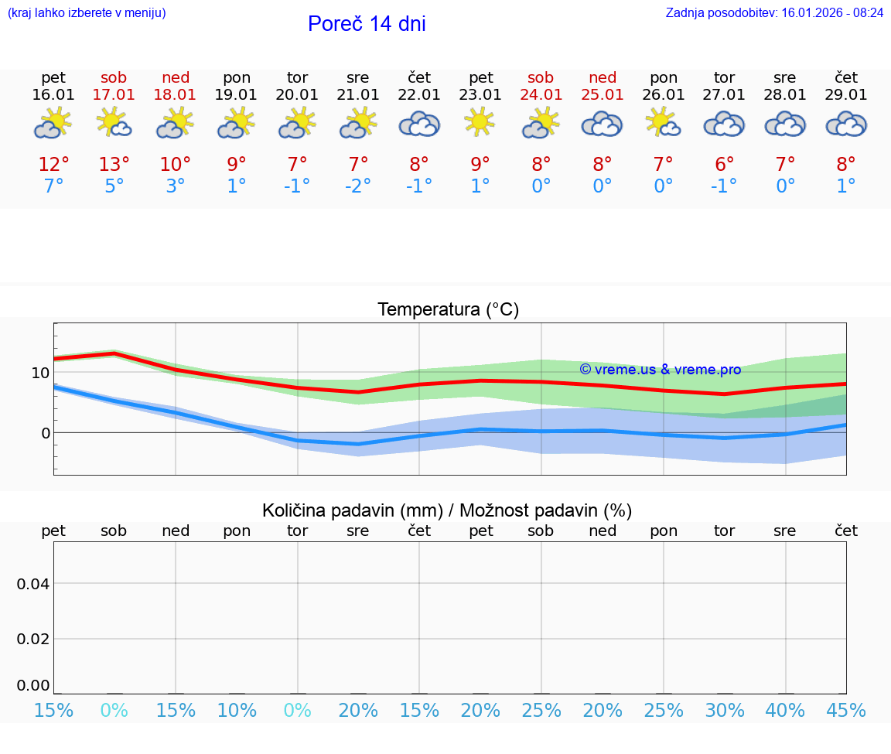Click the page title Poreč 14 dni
(x=367, y=24)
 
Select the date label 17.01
(x=114, y=95)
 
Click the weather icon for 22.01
(x=419, y=125)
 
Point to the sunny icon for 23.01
(x=480, y=122)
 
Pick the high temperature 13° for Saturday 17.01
(x=114, y=164)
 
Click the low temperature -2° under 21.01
(x=357, y=186)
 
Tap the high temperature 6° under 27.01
(x=725, y=164)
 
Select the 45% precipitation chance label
(x=846, y=711)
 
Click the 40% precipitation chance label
(x=786, y=711)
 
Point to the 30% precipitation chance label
(x=725, y=711)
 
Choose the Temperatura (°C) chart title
(x=448, y=310)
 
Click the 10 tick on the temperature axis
(x=40, y=373)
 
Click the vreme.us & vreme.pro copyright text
(x=661, y=370)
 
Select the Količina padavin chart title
(x=447, y=510)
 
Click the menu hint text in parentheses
(x=87, y=13)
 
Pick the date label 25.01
(x=603, y=95)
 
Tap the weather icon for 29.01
(x=846, y=125)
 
